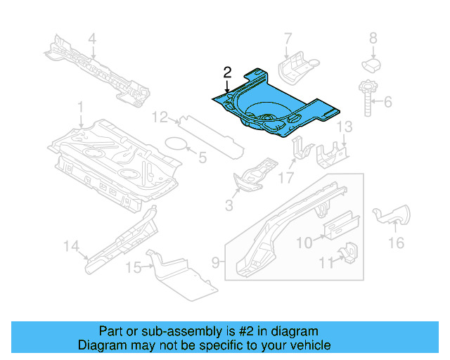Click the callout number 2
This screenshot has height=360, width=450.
click(227, 72)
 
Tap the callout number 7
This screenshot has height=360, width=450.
click(287, 38)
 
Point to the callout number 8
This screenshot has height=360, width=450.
click(373, 38)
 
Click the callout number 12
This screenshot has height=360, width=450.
click(161, 116)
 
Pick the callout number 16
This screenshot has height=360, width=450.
click(396, 243)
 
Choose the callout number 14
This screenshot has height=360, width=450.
click(70, 245)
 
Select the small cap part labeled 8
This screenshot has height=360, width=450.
click(372, 64)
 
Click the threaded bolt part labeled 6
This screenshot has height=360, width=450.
click(367, 98)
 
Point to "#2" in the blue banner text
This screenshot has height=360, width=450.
click(247, 331)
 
